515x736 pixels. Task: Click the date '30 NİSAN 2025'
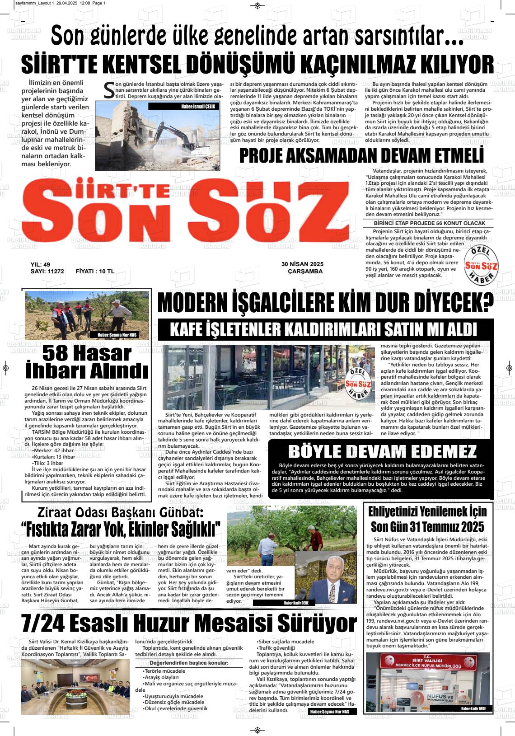pos(302,264)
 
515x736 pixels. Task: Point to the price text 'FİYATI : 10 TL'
pos(95,272)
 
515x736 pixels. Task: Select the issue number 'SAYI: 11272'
pos(47,272)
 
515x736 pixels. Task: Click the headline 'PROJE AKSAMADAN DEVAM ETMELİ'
pos(361,155)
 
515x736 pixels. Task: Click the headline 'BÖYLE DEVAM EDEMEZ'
pos(382,452)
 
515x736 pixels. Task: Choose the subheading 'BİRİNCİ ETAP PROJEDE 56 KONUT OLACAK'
pos(429,223)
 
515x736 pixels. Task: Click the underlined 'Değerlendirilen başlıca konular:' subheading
pos(189,663)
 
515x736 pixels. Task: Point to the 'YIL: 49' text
pos(40,264)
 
